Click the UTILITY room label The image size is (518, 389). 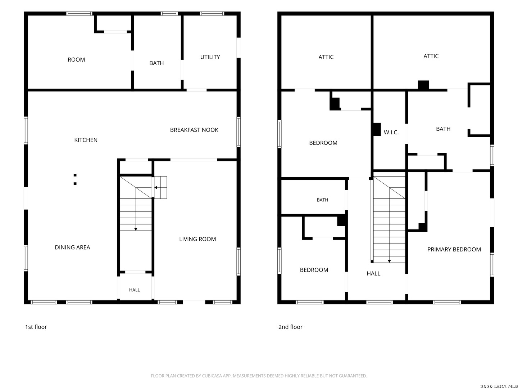point(210,57)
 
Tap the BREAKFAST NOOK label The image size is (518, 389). point(194,130)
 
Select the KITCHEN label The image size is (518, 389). point(86,140)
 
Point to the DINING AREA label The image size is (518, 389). point(72,247)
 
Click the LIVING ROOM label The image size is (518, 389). point(197,239)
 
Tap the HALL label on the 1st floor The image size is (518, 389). point(134,290)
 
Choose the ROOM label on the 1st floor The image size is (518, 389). point(76,59)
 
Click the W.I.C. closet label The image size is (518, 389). point(391,132)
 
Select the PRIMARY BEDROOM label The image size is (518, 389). point(454,249)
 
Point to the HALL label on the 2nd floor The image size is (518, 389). point(373,273)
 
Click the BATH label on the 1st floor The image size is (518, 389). point(156,63)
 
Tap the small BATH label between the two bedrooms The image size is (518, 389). point(322,200)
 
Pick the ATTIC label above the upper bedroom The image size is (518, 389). point(326,57)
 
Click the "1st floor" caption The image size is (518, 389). point(36,327)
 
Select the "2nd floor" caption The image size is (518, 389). point(290,327)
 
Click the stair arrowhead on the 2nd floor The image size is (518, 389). point(389,261)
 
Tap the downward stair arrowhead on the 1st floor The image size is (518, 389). point(136,229)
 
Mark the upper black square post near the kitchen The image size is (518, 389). point(75,175)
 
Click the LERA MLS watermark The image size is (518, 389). point(499,386)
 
